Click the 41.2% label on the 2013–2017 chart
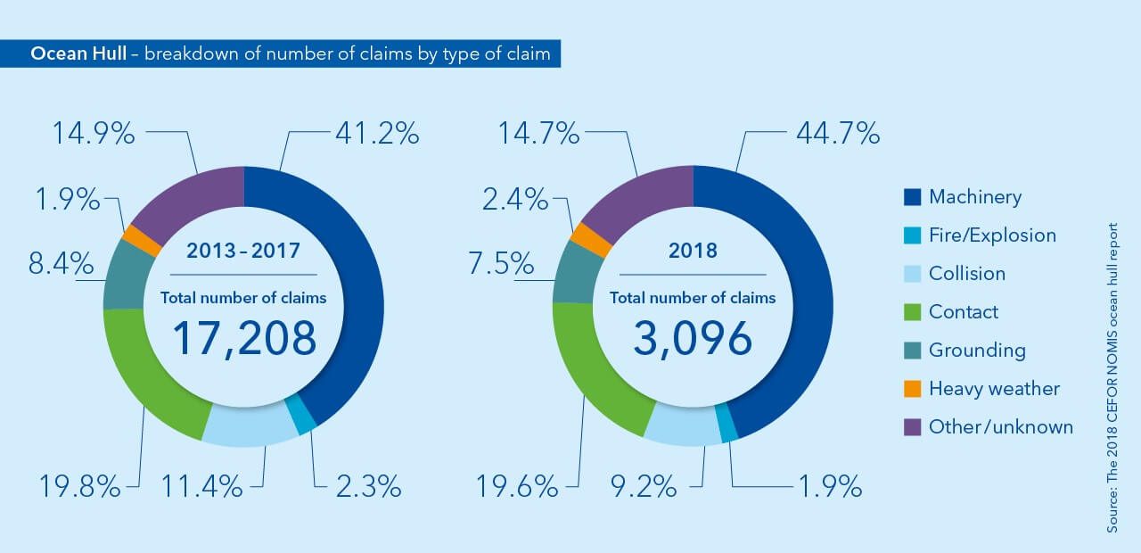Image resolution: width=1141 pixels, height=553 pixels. tap(377, 134)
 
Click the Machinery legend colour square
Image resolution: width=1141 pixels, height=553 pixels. tap(913, 197)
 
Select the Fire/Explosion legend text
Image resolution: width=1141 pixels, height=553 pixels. tap(992, 235)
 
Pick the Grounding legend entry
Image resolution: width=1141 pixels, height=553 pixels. tap(977, 351)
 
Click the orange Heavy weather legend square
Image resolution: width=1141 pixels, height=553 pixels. tap(913, 389)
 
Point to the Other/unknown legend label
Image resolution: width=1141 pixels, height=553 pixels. tap(1001, 427)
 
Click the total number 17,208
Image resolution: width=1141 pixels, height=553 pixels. tap(243, 338)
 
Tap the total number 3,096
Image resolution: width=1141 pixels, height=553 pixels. tap(693, 338)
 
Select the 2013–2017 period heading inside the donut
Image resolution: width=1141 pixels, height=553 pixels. tap(243, 252)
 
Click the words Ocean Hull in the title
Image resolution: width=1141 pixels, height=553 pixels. tap(78, 54)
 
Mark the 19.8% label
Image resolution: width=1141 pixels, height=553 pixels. tap(79, 487)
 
